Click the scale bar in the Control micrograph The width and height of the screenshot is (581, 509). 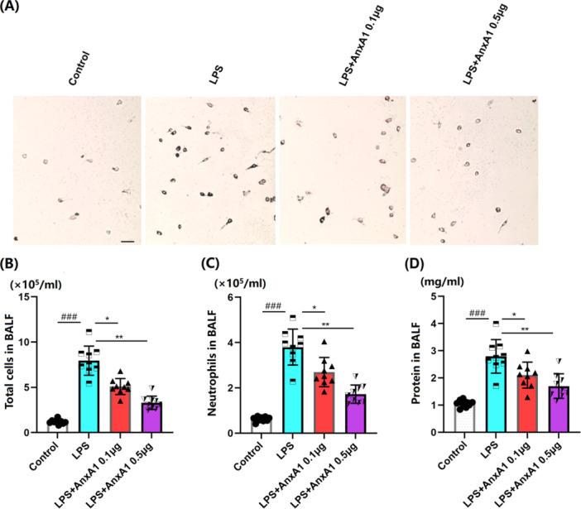coord(127,242)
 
